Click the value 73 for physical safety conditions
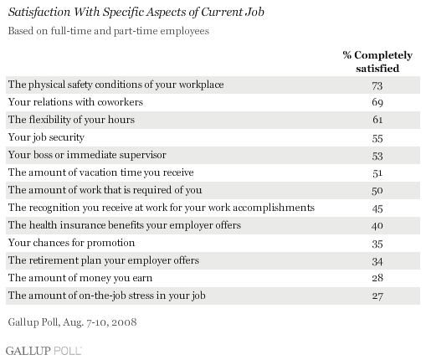click(377, 85)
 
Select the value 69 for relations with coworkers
click(377, 102)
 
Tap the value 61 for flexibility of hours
click(377, 120)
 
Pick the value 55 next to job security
click(377, 138)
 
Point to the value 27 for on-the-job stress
click(377, 296)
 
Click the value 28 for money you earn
click(377, 278)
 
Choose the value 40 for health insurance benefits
click(377, 225)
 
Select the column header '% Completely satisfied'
click(377, 62)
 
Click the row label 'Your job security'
click(46, 137)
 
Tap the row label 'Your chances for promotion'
click(71, 243)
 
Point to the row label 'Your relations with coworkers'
click(75, 102)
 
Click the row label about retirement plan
click(104, 260)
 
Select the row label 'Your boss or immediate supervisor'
click(87, 155)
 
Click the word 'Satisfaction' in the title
click(39, 12)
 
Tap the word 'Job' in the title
click(255, 12)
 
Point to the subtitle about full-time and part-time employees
click(109, 31)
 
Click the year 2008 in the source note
click(125, 322)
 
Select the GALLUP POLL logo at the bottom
click(44, 351)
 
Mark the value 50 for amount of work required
click(377, 191)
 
